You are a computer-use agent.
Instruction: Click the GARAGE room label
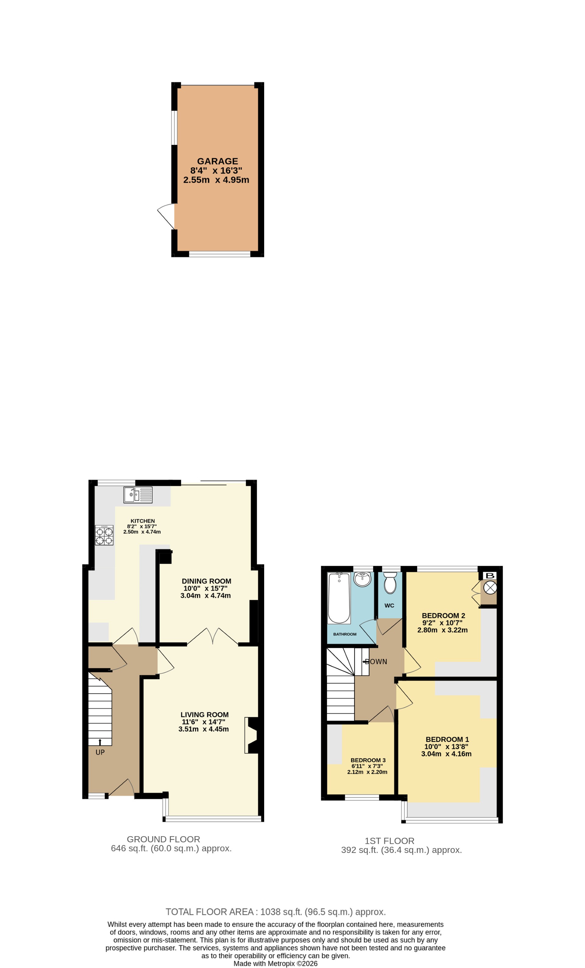coord(218,161)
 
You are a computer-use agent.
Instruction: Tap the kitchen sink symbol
coord(138,495)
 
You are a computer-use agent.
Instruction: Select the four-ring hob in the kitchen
coord(104,535)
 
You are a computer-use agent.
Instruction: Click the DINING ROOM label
coord(206,581)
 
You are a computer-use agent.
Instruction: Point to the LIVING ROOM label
coord(204,715)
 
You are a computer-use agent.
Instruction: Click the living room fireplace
coord(252,735)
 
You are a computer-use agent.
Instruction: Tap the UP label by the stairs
coord(100,752)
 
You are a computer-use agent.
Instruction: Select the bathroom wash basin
coord(362,579)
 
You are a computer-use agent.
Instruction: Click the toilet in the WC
coord(390,582)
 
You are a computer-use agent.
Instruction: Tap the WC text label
coord(389,605)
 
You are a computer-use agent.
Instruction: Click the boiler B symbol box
coord(490,576)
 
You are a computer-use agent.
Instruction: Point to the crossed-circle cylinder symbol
coord(490,588)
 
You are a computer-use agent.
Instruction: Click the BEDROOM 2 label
coord(443,616)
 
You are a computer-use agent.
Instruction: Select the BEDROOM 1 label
coord(447,739)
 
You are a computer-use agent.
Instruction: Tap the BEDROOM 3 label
coord(368,760)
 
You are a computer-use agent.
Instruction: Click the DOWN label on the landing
coord(376,661)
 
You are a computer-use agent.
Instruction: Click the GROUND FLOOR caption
coord(164,839)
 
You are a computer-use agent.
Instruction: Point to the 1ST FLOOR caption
coord(390,841)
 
